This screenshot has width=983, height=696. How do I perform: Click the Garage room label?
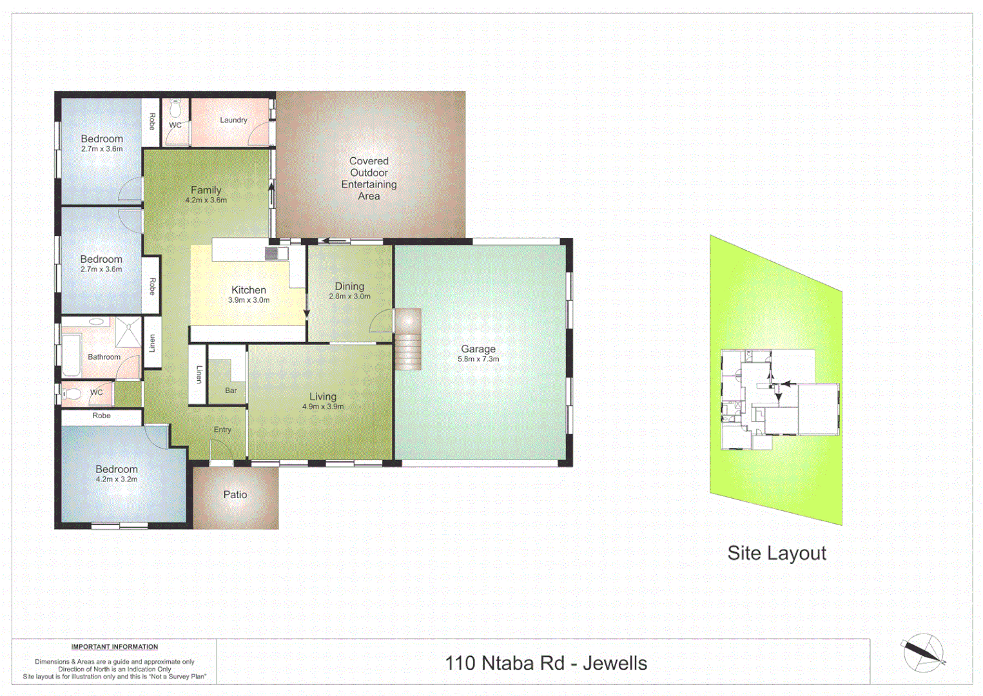click(478, 349)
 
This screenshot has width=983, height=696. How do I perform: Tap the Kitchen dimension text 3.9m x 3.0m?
click(248, 300)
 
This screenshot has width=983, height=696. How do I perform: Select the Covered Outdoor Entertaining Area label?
click(369, 179)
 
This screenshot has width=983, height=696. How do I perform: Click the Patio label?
click(235, 495)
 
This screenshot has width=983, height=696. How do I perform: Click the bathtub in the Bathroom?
click(70, 355)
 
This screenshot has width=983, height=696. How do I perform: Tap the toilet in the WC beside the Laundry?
click(175, 108)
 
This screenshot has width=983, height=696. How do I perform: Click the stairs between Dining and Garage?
click(407, 340)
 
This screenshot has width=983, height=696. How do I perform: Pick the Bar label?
click(231, 391)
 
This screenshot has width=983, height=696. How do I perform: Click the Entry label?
click(222, 430)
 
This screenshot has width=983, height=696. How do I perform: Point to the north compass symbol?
click(923, 653)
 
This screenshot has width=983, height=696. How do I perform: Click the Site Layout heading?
click(776, 554)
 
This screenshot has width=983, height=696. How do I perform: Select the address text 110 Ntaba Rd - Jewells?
click(545, 663)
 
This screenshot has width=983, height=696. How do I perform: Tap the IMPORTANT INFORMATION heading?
click(114, 647)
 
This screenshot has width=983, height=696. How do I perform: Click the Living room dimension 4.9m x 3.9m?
click(322, 407)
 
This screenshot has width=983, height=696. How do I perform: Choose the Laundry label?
click(233, 121)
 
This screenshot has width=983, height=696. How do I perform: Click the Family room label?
click(206, 190)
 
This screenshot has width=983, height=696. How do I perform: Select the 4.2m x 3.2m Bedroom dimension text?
click(116, 479)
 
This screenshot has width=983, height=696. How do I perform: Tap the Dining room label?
click(349, 286)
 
